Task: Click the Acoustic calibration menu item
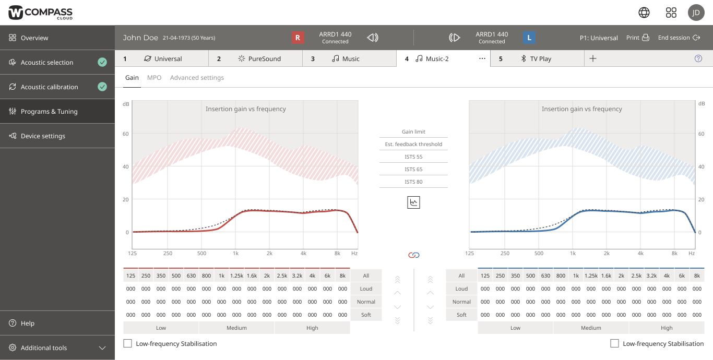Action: [50, 87]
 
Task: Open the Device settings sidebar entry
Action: [43, 136]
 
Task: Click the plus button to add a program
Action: [592, 59]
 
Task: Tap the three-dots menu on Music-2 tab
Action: [482, 59]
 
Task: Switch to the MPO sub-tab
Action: [154, 78]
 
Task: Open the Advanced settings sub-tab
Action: [197, 78]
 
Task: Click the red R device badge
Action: [298, 38]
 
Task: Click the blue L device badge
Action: [529, 38]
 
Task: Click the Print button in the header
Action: [637, 38]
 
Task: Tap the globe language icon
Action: [644, 13]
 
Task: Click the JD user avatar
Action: [696, 13]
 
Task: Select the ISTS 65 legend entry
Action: [413, 169]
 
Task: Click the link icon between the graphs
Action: [413, 255]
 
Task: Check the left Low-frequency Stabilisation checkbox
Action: [127, 343]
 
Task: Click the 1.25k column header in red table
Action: [236, 275]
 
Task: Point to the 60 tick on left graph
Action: [126, 134]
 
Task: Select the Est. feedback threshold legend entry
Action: [413, 144]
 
